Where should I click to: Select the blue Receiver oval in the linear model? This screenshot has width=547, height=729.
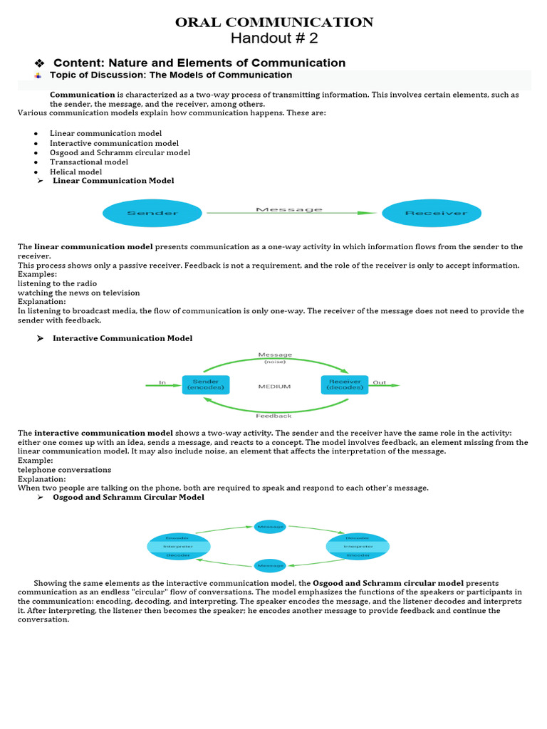pos(431,213)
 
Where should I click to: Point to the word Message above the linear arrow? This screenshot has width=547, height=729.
pos(288,209)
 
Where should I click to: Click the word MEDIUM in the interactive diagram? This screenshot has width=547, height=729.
pos(274,387)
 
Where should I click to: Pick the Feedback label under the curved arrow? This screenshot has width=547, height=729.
pos(273,415)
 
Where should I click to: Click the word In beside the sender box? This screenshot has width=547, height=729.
pos(162,382)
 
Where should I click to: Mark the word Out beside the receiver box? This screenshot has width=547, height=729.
pos(380,382)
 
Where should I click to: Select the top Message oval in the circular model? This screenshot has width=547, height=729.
pos(271,527)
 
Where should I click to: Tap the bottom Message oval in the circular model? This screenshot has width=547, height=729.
pos(271,566)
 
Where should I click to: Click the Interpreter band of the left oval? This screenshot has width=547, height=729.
pos(178,547)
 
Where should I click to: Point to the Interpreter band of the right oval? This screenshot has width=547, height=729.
pos(358,547)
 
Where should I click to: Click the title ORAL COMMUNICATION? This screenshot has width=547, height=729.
pos(274,23)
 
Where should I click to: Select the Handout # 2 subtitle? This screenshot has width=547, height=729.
pos(274,38)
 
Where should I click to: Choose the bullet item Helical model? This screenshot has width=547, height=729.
pos(75,172)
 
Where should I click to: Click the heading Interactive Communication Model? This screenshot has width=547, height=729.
pos(123,338)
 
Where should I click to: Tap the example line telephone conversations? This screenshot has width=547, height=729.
pos(64,470)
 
